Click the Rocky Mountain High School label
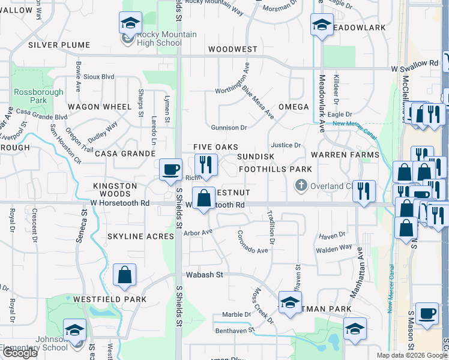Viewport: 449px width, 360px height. tap(158, 38)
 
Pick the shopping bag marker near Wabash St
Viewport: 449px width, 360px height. tap(124, 275)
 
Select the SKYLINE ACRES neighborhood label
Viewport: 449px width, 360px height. tap(140, 236)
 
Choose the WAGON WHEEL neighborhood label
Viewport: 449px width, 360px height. tap(99, 107)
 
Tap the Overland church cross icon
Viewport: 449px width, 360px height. tap(302, 185)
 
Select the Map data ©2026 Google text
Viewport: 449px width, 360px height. tap(406, 355)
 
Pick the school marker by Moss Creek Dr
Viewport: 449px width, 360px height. tap(290, 302)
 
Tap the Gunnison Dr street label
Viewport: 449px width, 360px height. tap(229, 128)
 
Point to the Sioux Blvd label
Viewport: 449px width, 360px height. tap(98, 77)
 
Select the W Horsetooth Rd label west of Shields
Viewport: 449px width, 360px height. tap(120, 203)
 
